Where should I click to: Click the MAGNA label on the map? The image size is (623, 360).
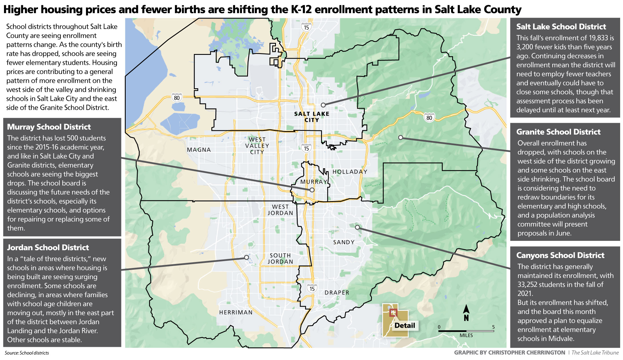pos(199,150)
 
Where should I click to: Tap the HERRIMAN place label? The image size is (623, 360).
pos(236,312)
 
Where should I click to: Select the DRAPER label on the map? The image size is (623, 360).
pos(337,293)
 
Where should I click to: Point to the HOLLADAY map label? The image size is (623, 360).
pos(350,172)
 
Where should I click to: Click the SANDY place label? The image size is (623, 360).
pos(344,242)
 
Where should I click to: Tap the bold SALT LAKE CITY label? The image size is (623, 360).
pos(312,117)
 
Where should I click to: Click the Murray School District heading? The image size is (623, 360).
pos(49,127)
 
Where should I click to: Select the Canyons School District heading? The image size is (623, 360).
pos(560,255)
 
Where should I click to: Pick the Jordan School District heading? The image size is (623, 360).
pos(48,247)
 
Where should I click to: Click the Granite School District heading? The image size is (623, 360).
pos(558,132)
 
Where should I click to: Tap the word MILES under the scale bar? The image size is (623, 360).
pos(466,335)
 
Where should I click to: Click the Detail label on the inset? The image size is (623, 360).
pos(404,325)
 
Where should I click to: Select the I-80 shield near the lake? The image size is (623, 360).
pos(177,98)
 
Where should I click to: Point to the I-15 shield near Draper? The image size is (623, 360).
pos(312,289)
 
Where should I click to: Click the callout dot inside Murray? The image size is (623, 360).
pos(312,190)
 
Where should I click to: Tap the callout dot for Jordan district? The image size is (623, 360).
pos(246,257)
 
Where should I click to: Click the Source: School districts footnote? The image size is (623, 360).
pos(27,353)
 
